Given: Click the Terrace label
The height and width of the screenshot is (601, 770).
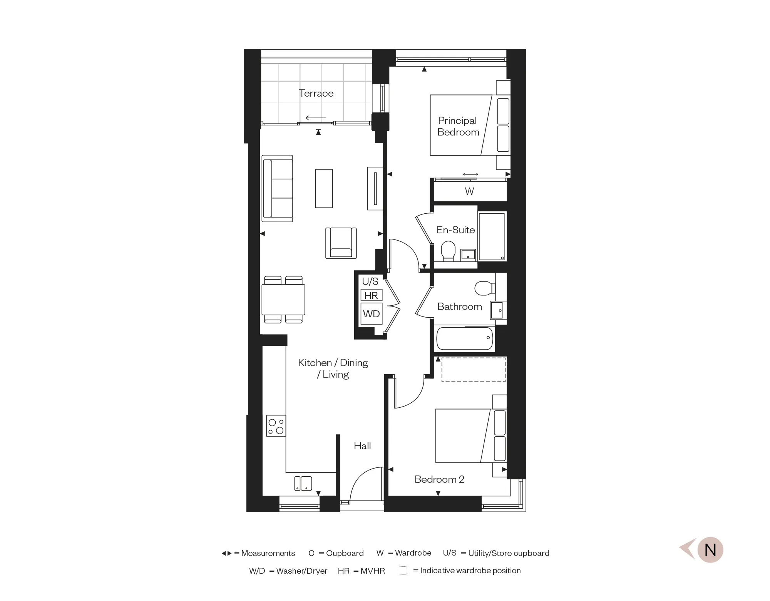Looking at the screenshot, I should (x=316, y=94).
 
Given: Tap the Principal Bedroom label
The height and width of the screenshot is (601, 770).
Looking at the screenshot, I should (x=458, y=126).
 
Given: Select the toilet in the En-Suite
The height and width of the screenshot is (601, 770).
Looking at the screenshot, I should (x=448, y=251).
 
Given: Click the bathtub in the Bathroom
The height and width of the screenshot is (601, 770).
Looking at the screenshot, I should (x=465, y=338).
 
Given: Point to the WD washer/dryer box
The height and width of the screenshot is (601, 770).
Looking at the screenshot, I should (x=371, y=314).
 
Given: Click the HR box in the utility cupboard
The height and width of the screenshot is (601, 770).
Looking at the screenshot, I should (x=371, y=295).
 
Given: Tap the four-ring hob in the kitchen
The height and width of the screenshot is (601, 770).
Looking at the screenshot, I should (x=276, y=426).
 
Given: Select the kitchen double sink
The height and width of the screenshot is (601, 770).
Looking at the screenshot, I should (x=303, y=483).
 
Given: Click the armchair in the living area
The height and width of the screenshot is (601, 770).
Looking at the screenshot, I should (x=341, y=243).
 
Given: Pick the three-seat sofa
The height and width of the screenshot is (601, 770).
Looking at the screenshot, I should (x=277, y=189).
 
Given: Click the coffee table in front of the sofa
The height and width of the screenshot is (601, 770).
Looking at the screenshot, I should (x=324, y=189).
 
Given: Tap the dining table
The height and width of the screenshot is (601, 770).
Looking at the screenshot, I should (x=283, y=300).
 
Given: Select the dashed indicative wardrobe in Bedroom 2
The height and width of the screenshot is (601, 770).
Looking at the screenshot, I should (x=473, y=370).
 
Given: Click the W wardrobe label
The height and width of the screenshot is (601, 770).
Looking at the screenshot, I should (x=469, y=191).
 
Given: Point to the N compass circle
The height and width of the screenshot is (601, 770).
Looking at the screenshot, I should (x=710, y=550).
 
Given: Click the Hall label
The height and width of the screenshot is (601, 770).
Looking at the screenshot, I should (x=362, y=446).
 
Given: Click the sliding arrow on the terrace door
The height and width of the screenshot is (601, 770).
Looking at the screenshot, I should (x=316, y=118).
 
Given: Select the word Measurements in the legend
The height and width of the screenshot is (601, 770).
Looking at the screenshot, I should (x=268, y=553).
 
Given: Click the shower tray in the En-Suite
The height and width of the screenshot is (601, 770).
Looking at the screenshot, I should (x=492, y=236).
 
